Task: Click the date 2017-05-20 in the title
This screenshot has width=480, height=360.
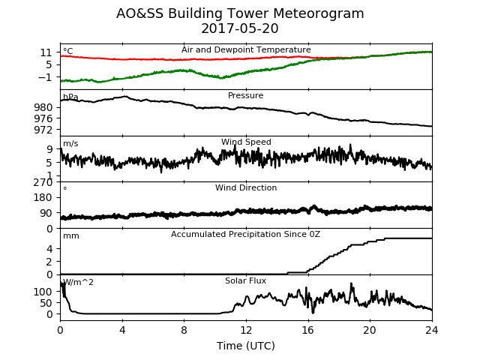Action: [240, 28]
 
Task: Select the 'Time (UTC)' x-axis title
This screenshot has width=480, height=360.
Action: [246, 346]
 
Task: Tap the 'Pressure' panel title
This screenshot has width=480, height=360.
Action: [245, 95]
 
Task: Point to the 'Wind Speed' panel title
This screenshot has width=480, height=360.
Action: [246, 142]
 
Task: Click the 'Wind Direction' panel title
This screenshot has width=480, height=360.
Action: [246, 187]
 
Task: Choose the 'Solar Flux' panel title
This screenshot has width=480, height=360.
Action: [245, 280]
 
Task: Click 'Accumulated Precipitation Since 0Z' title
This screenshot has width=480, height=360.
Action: [245, 234]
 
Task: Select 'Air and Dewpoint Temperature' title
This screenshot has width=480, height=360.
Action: [246, 49]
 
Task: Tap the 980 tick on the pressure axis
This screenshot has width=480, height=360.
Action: [43, 107]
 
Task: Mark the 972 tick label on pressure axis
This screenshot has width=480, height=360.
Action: [43, 130]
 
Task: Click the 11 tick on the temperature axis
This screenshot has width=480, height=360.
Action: [46, 52]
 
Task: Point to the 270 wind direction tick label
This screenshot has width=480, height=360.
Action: [43, 182]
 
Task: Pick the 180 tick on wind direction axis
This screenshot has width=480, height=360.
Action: [43, 197]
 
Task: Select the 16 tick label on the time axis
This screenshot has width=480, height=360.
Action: [308, 330]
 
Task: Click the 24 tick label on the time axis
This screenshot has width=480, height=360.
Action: [432, 330]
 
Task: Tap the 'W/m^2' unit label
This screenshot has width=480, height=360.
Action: [78, 282]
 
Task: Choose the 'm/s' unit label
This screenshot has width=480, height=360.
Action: [70, 143]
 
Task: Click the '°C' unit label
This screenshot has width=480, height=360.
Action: [68, 51]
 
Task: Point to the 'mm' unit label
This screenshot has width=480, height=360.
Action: [71, 236]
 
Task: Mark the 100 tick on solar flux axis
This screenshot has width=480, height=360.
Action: [43, 292]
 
